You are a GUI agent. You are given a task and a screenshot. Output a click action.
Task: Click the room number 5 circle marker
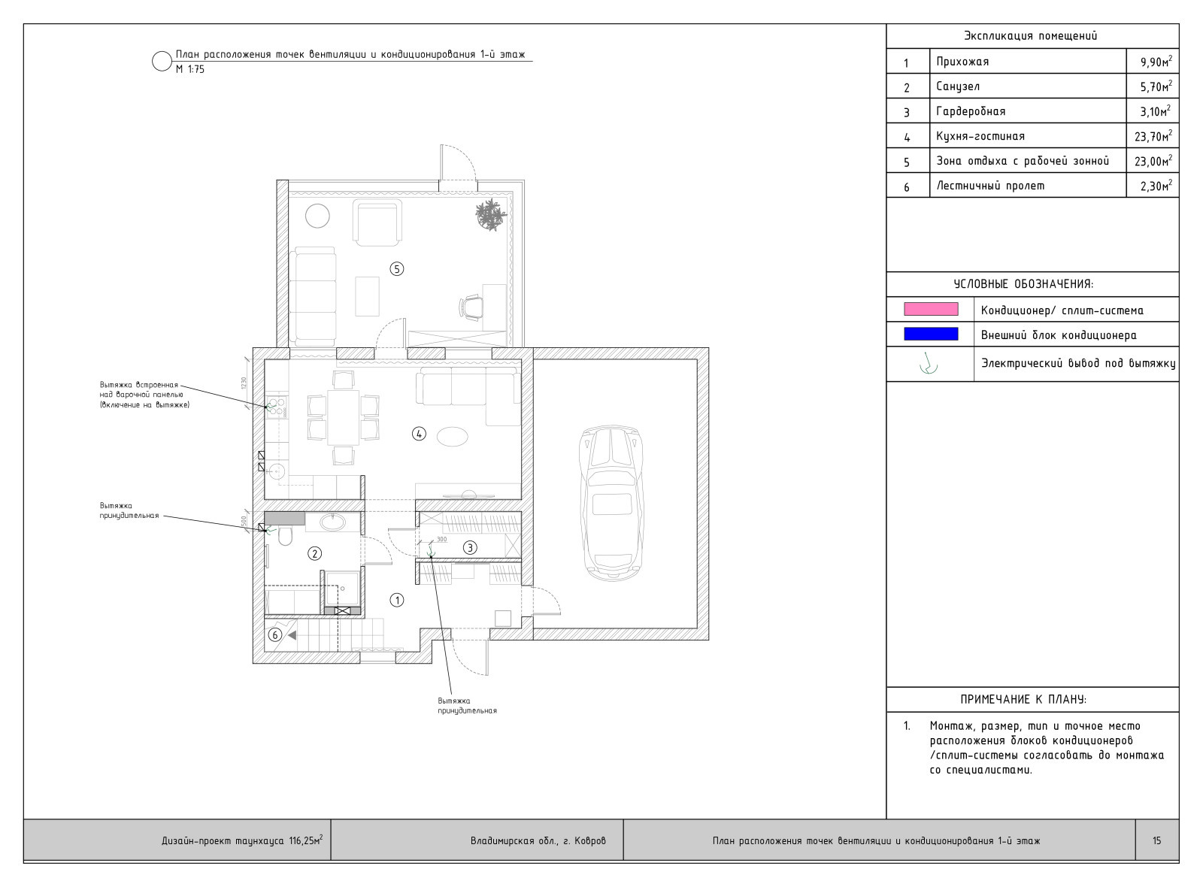click(x=396, y=268)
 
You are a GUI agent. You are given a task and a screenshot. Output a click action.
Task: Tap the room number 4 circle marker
click(x=419, y=433)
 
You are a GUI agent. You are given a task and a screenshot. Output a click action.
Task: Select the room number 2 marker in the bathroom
click(x=314, y=553)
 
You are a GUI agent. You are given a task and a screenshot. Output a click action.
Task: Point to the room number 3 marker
click(x=470, y=548)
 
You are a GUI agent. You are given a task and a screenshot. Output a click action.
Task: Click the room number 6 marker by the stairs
click(x=274, y=635)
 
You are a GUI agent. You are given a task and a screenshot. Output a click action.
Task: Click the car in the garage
click(x=611, y=503)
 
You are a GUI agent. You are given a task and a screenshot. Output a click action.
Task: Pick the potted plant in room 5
click(x=491, y=214)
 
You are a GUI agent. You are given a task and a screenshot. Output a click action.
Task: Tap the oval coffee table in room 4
click(x=453, y=436)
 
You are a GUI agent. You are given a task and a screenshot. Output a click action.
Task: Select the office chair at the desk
click(x=472, y=307)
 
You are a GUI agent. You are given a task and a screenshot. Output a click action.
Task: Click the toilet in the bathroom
click(x=285, y=535)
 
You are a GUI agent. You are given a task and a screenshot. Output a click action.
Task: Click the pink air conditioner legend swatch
click(x=931, y=309)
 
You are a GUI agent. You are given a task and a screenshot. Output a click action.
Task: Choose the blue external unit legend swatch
click(x=931, y=334)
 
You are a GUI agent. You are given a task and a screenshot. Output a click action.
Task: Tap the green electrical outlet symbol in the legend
click(x=929, y=365)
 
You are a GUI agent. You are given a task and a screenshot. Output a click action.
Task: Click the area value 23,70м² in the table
click(x=1153, y=136)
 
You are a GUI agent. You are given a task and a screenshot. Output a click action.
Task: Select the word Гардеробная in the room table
click(x=971, y=111)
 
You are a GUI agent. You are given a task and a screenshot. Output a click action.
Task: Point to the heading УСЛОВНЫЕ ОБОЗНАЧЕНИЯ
click(x=1023, y=284)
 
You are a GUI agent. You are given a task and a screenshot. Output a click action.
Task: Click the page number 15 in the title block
click(x=1156, y=840)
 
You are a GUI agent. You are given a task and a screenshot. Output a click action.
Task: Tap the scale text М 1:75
click(x=190, y=69)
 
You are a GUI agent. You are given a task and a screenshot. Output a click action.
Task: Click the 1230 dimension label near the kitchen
click(x=244, y=383)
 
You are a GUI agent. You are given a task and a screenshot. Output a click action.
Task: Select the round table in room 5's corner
click(x=317, y=216)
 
